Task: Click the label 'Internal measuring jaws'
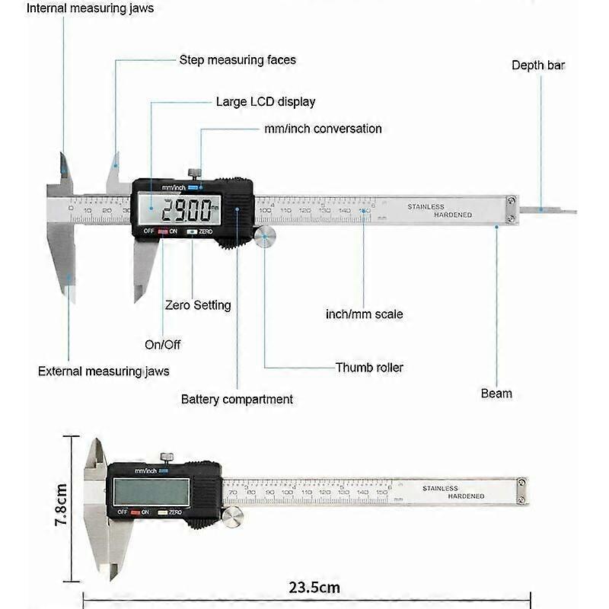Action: pyautogui.click(x=90, y=8)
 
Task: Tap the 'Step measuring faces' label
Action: pyautogui.click(x=238, y=59)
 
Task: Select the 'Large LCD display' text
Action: pyautogui.click(x=265, y=101)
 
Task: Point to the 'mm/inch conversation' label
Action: pyautogui.click(x=323, y=129)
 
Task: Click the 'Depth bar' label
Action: pyautogui.click(x=538, y=65)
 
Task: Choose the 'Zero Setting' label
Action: pyautogui.click(x=198, y=305)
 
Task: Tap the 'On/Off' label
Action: pyautogui.click(x=163, y=344)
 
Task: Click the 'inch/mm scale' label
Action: pyautogui.click(x=364, y=314)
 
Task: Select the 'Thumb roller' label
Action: pyautogui.click(x=369, y=368)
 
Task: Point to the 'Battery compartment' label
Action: pyautogui.click(x=237, y=399)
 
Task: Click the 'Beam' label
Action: pyautogui.click(x=496, y=394)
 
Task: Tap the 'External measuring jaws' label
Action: pyautogui.click(x=104, y=371)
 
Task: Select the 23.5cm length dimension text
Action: pyautogui.click(x=314, y=587)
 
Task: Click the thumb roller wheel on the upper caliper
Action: pyautogui.click(x=266, y=238)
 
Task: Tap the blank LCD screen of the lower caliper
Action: pyautogui.click(x=151, y=492)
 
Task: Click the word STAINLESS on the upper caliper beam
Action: pyautogui.click(x=426, y=206)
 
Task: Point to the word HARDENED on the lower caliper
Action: pyautogui.click(x=466, y=496)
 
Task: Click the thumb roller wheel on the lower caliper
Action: pyautogui.click(x=233, y=517)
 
